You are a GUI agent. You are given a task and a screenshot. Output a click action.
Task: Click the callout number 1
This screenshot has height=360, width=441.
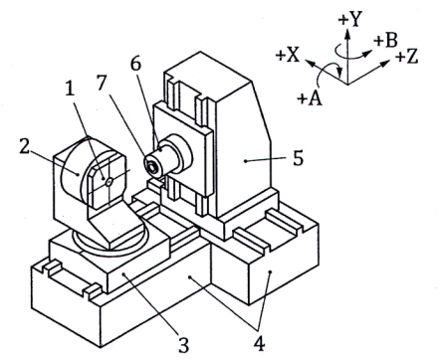[70, 90]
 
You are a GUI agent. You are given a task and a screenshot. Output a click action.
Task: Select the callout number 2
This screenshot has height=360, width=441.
[25, 146]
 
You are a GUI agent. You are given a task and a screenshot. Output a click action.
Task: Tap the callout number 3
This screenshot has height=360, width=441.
[183, 345]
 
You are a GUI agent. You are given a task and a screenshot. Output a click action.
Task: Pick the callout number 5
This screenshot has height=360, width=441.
[298, 158]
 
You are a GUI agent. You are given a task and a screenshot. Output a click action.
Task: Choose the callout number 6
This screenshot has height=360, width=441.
[135, 65]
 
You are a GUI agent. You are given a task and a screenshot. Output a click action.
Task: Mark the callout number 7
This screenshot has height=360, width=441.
[102, 83]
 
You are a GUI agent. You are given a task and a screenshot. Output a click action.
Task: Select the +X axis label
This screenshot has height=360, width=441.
[288, 55]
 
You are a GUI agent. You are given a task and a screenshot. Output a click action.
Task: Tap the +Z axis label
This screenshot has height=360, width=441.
[406, 57]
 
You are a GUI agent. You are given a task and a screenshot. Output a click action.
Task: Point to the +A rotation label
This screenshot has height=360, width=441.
[310, 98]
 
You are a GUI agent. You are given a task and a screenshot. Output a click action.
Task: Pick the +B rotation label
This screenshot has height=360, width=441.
[385, 41]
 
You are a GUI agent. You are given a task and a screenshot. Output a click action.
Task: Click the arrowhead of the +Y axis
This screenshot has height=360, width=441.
[347, 33]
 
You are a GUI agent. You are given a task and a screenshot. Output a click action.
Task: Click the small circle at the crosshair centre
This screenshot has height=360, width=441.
[109, 181]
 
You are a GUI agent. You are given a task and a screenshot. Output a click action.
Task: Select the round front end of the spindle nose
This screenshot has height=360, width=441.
[152, 166]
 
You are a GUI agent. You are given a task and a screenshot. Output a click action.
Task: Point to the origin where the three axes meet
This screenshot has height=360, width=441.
[347, 84]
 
